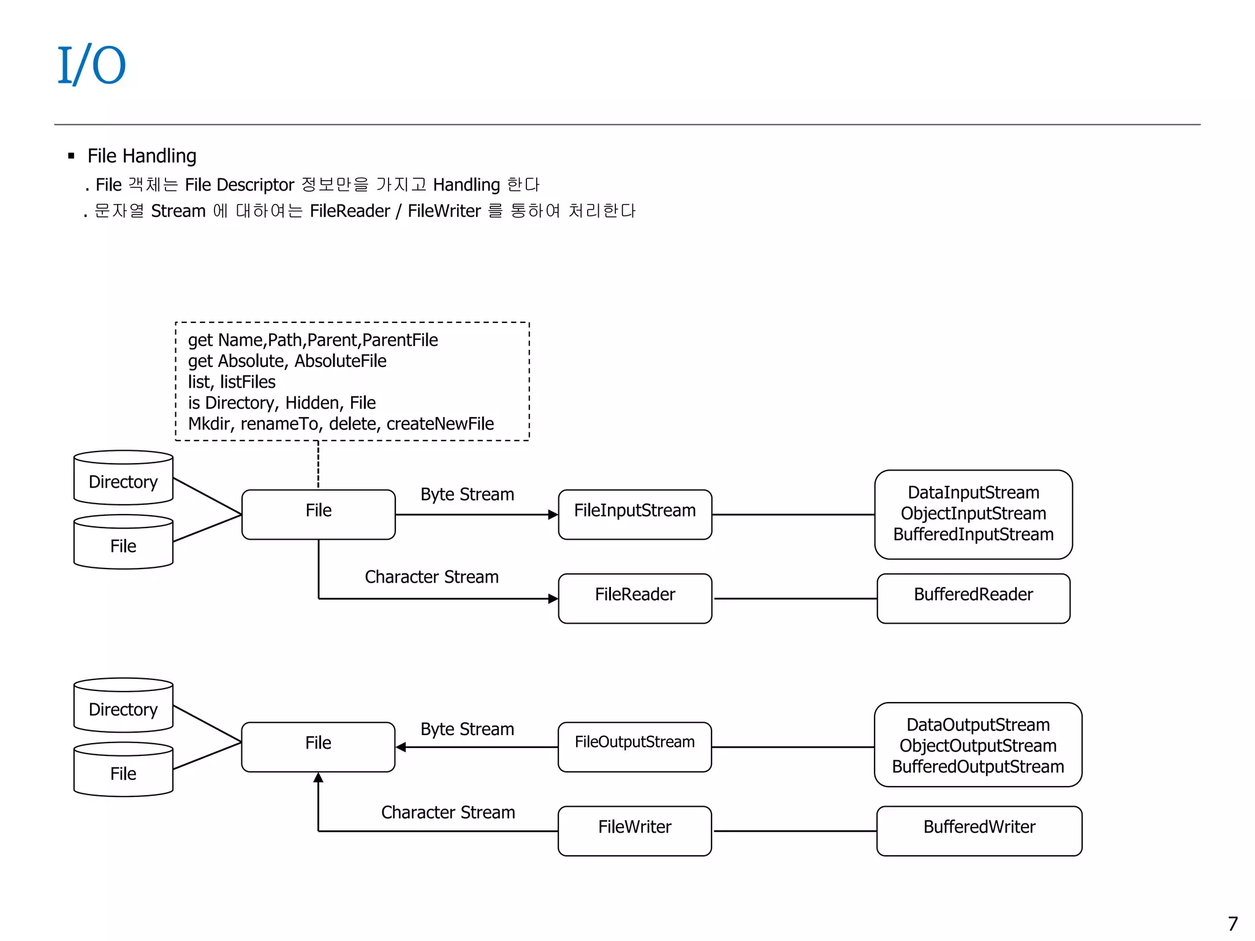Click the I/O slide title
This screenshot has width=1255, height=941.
(92, 65)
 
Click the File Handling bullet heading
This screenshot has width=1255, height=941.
(142, 156)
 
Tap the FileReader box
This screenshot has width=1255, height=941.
(635, 597)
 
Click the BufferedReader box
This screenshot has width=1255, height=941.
(973, 597)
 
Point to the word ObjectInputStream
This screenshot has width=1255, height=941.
(973, 513)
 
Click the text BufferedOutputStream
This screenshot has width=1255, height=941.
(977, 766)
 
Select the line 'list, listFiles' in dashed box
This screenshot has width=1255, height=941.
(232, 382)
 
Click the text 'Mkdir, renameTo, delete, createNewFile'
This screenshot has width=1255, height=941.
(341, 424)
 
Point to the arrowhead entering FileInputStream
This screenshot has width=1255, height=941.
(553, 515)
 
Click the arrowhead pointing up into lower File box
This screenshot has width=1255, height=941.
(318, 778)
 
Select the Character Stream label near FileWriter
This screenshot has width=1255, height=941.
(448, 812)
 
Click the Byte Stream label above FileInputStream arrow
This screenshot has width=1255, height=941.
(467, 494)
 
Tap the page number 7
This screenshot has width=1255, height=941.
(1232, 923)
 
